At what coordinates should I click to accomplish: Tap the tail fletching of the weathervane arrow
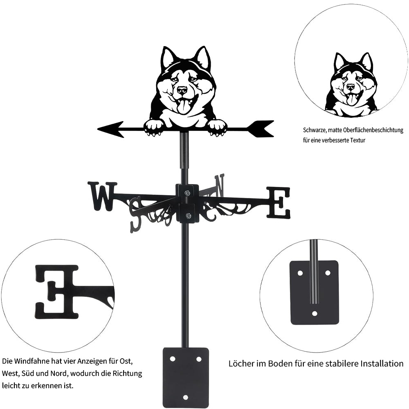tap(262, 128)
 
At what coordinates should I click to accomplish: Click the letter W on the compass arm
tap(102, 196)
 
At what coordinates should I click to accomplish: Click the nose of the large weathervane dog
tap(182, 90)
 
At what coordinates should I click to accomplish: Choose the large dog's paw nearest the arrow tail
tap(217, 127)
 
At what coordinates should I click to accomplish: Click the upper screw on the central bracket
tap(187, 193)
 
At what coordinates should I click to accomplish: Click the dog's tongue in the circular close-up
tap(351, 99)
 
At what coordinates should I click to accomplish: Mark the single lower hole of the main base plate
tap(185, 397)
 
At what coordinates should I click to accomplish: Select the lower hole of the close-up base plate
tap(314, 313)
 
